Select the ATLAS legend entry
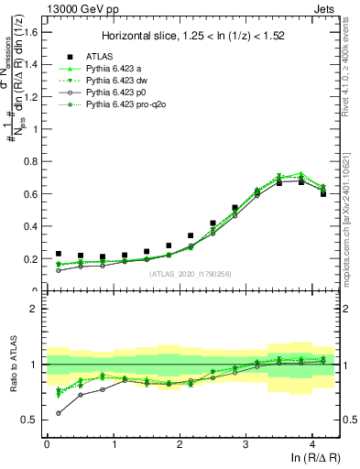tap(98, 55)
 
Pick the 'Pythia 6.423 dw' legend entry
tap(118, 81)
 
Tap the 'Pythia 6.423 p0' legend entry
tap(118, 93)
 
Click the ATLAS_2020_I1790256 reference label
tap(191, 273)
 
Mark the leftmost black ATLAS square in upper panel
tap(59, 254)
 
